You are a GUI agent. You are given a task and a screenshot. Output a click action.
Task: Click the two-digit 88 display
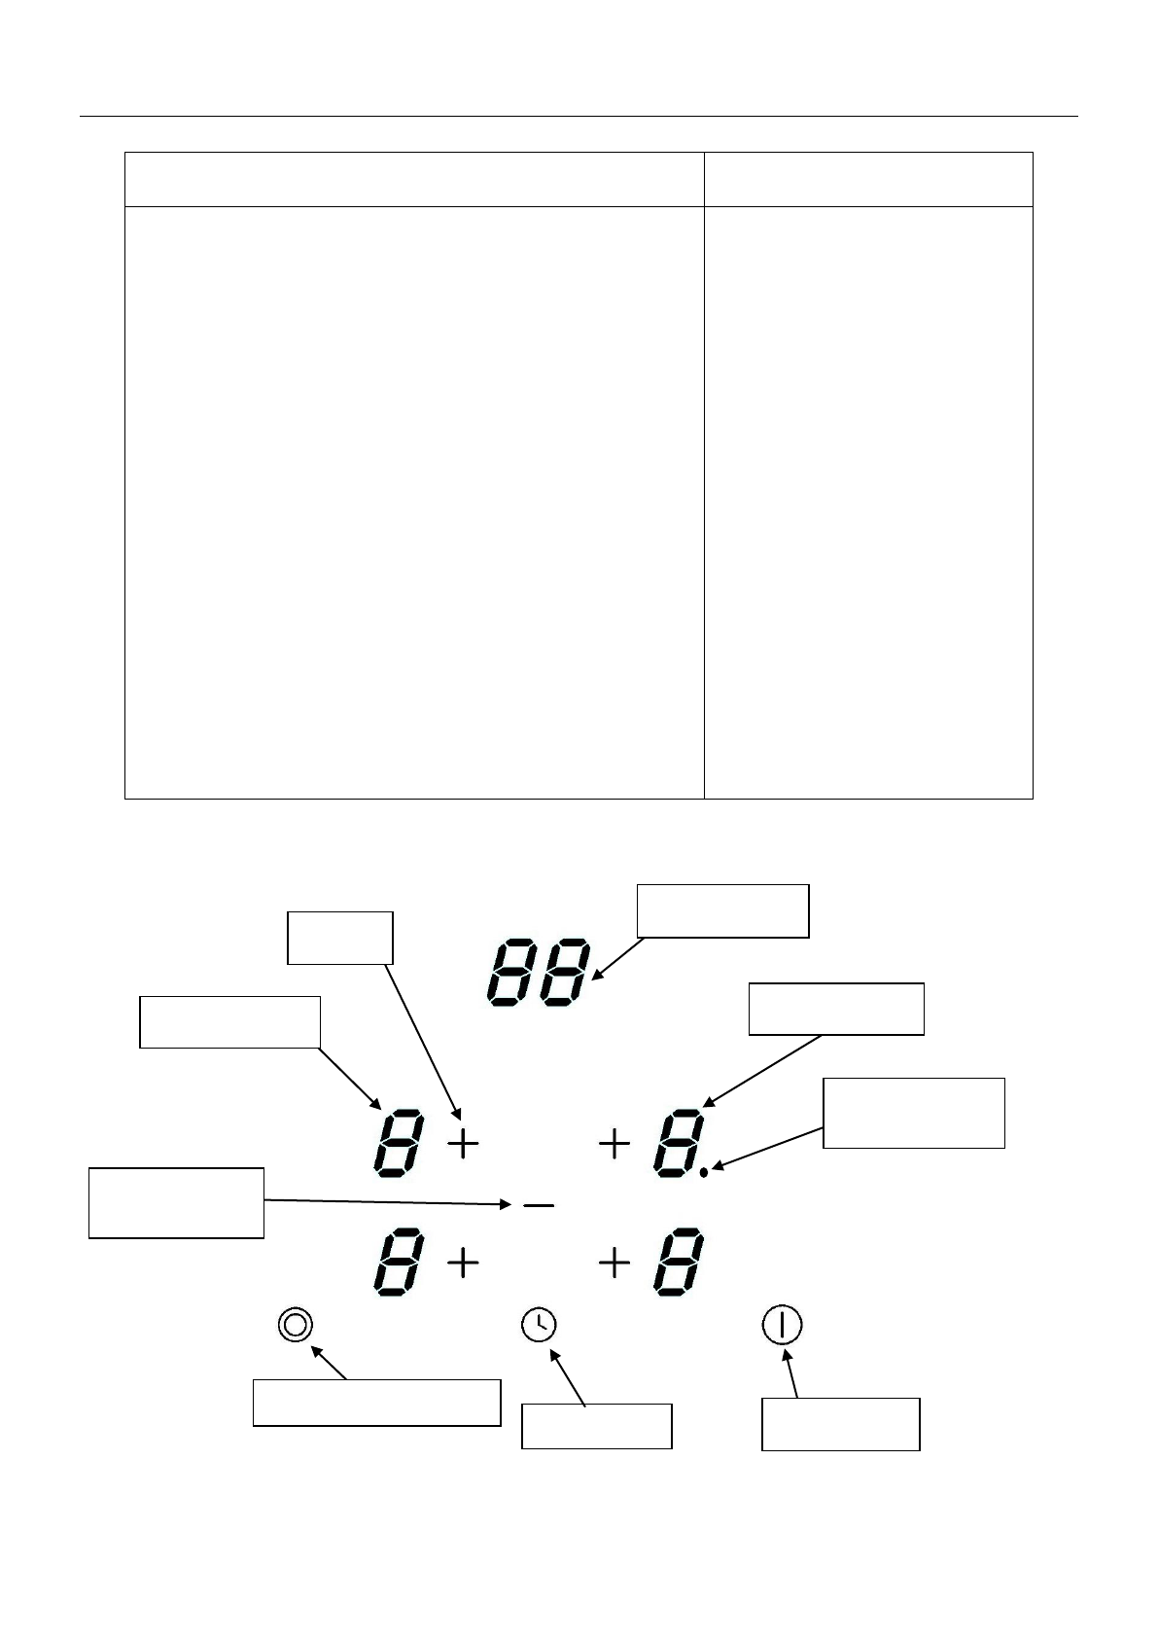coord(537,974)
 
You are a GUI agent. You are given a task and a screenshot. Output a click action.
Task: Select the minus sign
coord(539,1206)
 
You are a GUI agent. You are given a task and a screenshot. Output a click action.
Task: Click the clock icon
coord(539,1324)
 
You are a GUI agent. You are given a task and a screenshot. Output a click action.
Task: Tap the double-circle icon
coord(296,1325)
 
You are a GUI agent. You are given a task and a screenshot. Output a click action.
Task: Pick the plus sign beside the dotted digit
coord(614,1144)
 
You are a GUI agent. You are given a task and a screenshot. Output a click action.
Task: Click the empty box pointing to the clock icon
coord(596,1426)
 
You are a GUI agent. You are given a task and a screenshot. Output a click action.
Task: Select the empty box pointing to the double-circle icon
coord(376,1403)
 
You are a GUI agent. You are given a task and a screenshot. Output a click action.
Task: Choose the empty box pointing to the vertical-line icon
coord(840,1424)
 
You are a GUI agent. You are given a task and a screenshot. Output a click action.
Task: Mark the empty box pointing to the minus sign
coord(176,1202)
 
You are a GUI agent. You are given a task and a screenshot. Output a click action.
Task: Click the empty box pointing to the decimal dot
coord(913,1113)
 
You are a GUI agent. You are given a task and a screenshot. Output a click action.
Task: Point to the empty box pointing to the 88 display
coord(722,910)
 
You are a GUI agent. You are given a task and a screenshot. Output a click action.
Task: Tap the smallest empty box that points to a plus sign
coord(339,938)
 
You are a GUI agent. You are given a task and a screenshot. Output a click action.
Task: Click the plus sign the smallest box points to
coord(464,1144)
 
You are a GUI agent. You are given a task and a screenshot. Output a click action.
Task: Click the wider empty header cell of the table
coord(414,179)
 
